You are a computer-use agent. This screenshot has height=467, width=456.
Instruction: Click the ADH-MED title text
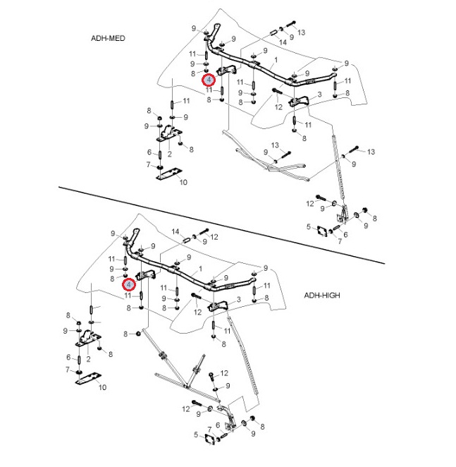tap(108, 38)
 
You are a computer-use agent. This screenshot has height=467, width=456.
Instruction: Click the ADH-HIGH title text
tap(322, 295)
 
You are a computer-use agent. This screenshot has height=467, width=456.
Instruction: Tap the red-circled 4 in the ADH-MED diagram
tap(209, 80)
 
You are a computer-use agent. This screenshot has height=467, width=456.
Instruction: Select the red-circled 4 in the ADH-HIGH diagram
tap(129, 284)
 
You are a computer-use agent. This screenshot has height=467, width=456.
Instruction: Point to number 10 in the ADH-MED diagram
tap(183, 182)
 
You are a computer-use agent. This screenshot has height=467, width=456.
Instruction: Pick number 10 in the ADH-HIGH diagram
tap(102, 387)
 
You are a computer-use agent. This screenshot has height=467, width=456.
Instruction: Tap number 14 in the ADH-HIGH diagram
tap(175, 231)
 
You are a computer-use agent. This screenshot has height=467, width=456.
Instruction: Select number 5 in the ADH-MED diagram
tap(309, 226)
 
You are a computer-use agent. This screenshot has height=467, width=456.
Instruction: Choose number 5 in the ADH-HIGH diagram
tap(197, 435)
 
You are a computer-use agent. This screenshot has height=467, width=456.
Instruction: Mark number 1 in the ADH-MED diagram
tap(276, 59)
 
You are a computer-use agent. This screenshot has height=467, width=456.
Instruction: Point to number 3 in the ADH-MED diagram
tap(320, 95)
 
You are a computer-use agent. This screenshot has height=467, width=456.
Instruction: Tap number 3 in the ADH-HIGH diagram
tap(240, 300)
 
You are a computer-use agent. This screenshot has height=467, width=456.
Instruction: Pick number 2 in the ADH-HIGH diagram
tap(88, 359)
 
